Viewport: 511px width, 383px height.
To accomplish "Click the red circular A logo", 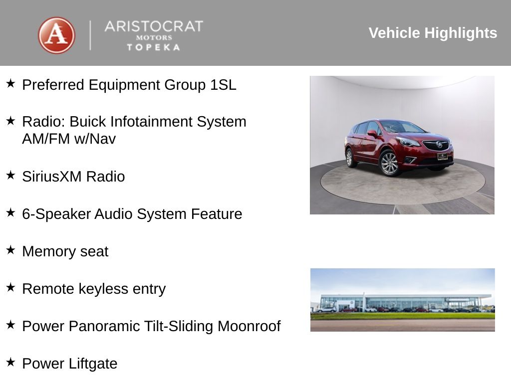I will (x=56, y=35).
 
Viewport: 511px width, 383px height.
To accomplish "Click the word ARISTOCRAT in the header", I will (x=154, y=26).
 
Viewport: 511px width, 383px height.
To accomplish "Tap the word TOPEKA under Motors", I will (x=154, y=47).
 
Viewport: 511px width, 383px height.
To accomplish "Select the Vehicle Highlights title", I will (x=433, y=33).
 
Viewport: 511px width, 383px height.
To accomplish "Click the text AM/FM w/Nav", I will (x=69, y=139).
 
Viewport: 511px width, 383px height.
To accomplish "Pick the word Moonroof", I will (x=249, y=326).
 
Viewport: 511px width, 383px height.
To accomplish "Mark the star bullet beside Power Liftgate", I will (x=10, y=362).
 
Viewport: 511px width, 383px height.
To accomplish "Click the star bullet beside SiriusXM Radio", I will (x=10, y=175).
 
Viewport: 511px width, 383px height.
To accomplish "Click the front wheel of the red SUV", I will (x=389, y=163).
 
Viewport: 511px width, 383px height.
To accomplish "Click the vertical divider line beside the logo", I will (x=90, y=35).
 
